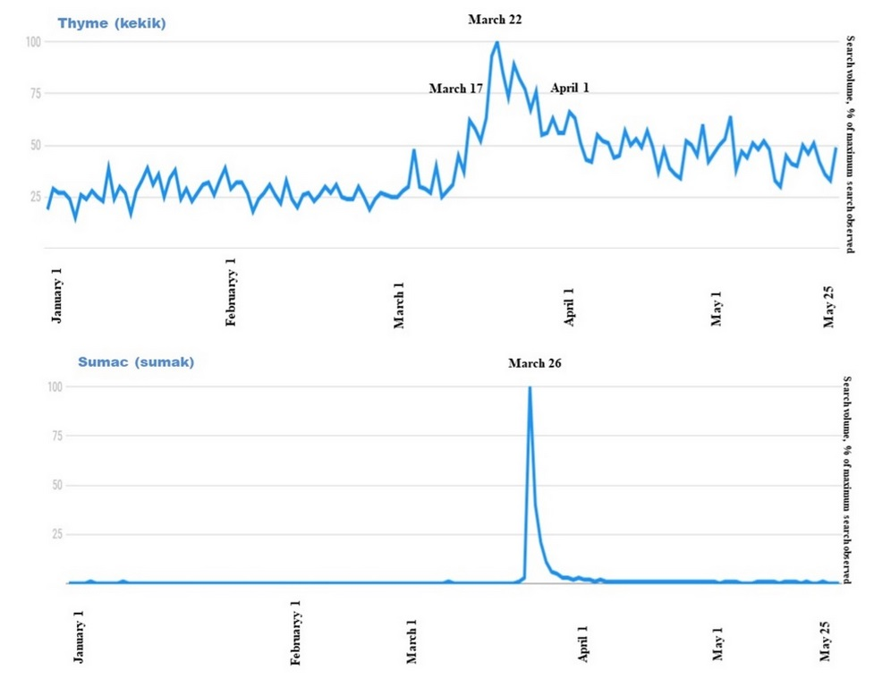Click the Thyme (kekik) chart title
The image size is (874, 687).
(x=111, y=24)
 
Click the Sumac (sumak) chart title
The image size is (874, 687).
(x=135, y=362)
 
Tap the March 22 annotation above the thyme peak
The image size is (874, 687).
(x=495, y=19)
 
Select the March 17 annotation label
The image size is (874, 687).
(x=455, y=89)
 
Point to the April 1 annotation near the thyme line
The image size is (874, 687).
(x=569, y=88)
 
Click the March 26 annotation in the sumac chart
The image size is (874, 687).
(x=534, y=363)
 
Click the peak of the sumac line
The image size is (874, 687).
(x=530, y=387)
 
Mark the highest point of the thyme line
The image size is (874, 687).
(x=496, y=42)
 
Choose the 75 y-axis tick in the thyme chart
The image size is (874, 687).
(x=36, y=93)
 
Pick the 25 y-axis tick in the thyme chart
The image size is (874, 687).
(x=36, y=196)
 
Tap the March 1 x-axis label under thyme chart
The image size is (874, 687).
(x=399, y=305)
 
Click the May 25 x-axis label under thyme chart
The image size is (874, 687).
(x=829, y=306)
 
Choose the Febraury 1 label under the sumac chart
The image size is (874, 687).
(x=296, y=633)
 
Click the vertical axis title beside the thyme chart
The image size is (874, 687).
(x=850, y=142)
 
